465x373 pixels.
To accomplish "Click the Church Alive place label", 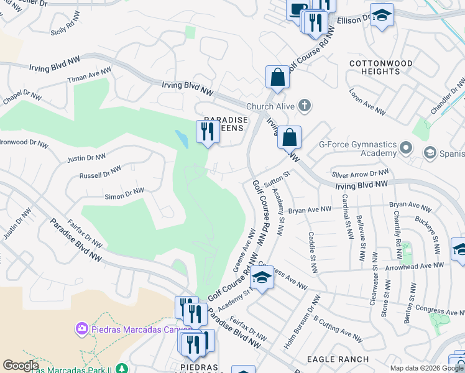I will click(x=270, y=106).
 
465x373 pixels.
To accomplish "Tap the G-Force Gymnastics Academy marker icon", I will click(x=406, y=148).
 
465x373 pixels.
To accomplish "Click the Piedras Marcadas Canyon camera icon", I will click(x=81, y=328).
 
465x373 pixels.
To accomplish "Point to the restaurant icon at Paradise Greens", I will click(x=208, y=131).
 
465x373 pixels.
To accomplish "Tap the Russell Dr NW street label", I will click(x=101, y=172).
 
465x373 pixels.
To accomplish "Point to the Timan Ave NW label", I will click(x=90, y=76).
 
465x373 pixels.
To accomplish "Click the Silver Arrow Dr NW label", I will click(x=361, y=174).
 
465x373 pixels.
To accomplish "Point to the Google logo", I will click(x=21, y=366).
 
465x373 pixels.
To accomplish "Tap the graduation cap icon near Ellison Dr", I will click(x=382, y=16).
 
